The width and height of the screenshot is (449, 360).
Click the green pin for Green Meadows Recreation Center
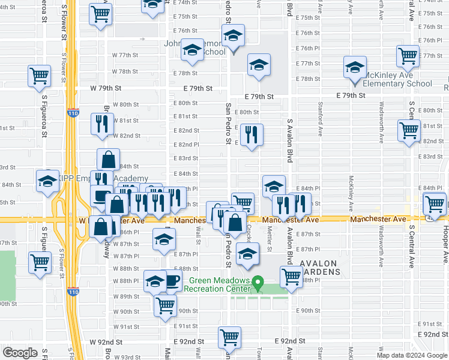point(258,281)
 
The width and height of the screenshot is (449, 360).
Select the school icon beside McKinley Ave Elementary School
point(355,67)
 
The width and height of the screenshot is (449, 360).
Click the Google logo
point(20,353)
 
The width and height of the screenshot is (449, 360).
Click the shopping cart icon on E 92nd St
point(230,338)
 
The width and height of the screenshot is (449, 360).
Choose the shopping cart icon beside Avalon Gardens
point(291,277)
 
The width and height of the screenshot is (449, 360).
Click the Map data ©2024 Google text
point(411,355)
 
